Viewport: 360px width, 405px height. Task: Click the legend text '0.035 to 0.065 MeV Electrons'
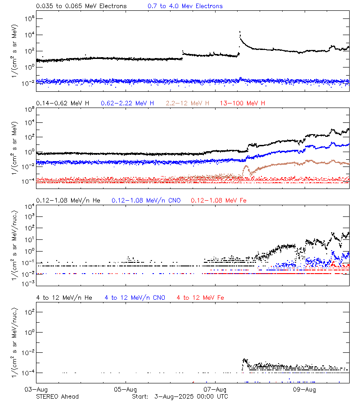(x=81, y=6)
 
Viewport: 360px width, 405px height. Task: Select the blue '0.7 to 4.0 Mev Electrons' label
(x=185, y=6)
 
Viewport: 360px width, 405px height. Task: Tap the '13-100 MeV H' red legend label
(x=243, y=103)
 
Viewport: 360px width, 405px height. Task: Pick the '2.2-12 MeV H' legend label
(x=188, y=103)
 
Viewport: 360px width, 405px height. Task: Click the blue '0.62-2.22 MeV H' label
(x=127, y=103)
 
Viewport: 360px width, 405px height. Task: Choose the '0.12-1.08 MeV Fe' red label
(x=218, y=200)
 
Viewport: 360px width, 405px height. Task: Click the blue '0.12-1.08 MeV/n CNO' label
(x=146, y=200)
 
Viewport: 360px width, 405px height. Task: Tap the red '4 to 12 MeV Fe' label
(x=200, y=297)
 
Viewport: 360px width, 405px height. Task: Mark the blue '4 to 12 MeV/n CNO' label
(x=135, y=297)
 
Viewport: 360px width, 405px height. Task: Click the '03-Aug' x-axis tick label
(x=36, y=389)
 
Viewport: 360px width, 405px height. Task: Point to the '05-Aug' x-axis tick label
(x=126, y=389)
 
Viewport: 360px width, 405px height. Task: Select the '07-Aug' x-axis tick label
(x=215, y=389)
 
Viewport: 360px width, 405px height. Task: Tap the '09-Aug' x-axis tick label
(x=305, y=389)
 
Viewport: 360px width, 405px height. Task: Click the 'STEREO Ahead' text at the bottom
(x=57, y=396)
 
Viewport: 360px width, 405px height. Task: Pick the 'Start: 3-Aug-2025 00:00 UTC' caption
(x=180, y=396)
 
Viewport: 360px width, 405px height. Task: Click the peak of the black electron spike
(x=240, y=32)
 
